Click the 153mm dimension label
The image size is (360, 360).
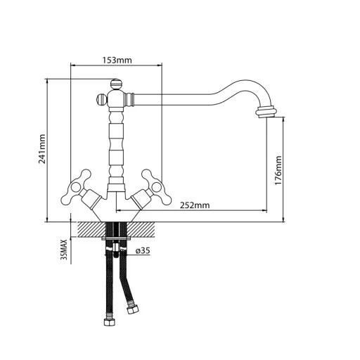tap(117, 60)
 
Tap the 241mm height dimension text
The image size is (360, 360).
tap(42, 149)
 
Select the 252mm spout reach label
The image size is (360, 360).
tap(195, 205)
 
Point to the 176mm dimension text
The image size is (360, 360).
tap(278, 170)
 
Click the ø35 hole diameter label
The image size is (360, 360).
tap(143, 250)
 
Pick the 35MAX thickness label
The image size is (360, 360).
tap(64, 250)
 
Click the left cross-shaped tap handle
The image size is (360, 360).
tap(77, 187)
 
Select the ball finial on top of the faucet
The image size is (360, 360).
tap(116, 84)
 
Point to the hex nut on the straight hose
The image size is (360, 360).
tap(110, 322)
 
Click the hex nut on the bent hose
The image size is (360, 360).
tap(133, 310)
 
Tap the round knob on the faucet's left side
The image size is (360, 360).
tap(101, 99)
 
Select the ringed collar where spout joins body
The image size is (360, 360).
tap(129, 99)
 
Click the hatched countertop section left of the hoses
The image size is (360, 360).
tap(92, 229)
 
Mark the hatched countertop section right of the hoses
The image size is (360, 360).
tap(141, 229)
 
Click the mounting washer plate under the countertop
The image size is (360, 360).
tap(116, 238)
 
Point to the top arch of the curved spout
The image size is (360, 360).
tap(245, 81)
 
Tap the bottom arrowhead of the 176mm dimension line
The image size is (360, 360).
tap(283, 219)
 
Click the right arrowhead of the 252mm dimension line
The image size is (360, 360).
tap(264, 210)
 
